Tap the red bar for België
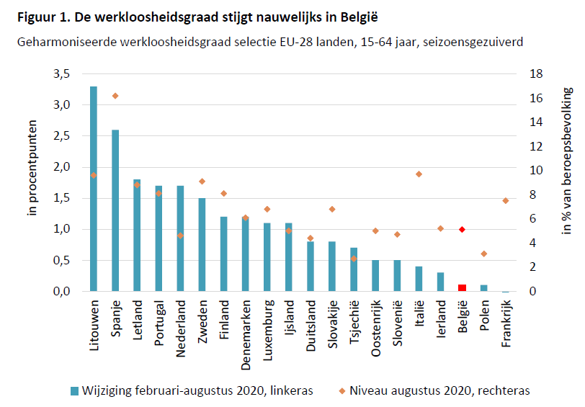pos(462,288)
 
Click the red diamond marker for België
pos(462,229)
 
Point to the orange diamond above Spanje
pos(115,96)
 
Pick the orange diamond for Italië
pos(419,174)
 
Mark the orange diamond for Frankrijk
pos(505,200)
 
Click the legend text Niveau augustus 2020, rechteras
pos(439,390)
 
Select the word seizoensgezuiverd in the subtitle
pos(469,42)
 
